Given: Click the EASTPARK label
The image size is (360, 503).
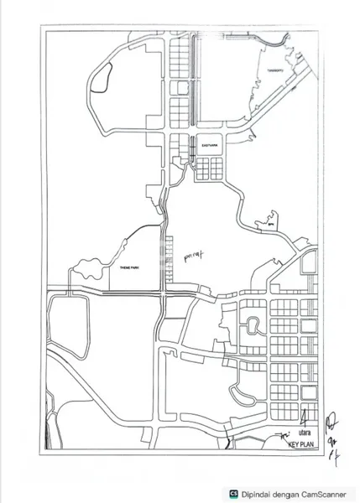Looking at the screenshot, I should [209, 146].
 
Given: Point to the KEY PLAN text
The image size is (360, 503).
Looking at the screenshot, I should [300, 446].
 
